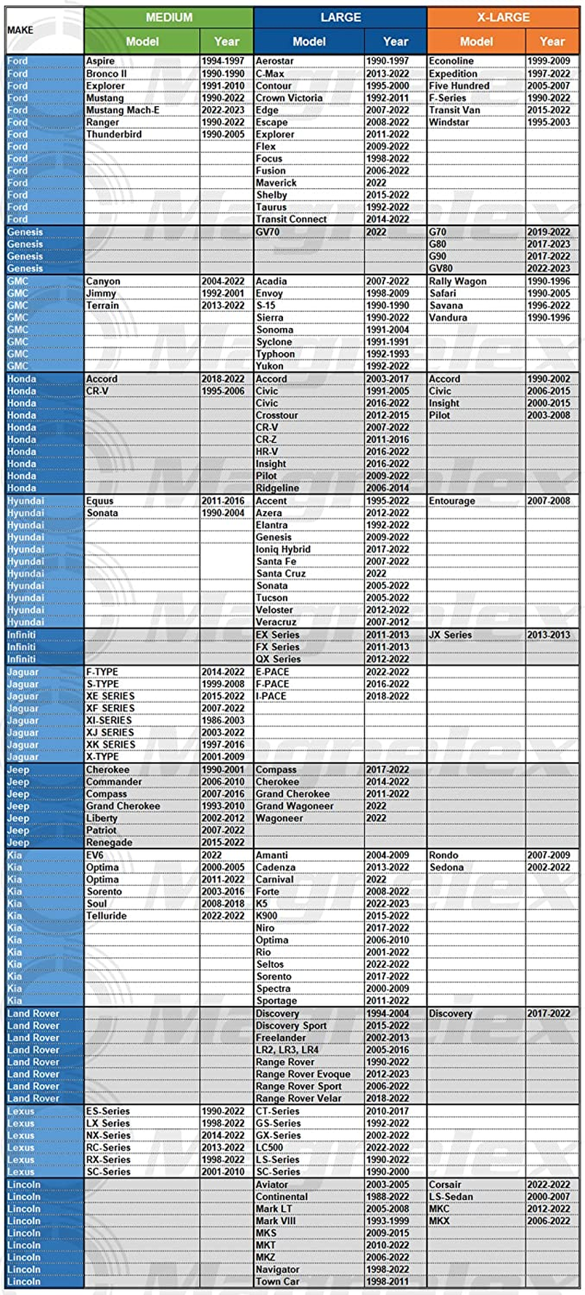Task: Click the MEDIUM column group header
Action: tap(169, 17)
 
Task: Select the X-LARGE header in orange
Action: tap(503, 17)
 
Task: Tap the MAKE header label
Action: tap(20, 30)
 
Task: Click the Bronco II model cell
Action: tap(106, 74)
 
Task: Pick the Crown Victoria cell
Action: tap(289, 98)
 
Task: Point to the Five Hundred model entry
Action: tap(459, 86)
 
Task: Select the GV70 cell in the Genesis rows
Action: tap(268, 232)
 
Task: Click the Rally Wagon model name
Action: tap(458, 281)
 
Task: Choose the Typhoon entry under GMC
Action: tap(275, 354)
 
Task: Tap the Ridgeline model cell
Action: tap(277, 488)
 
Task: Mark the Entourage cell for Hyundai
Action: tap(452, 501)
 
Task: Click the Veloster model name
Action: tap(274, 611)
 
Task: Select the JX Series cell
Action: tap(450, 635)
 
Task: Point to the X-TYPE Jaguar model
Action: tap(102, 757)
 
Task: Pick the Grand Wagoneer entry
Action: tap(295, 806)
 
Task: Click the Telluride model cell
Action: tap(107, 916)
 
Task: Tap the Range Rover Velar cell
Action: tap(298, 1099)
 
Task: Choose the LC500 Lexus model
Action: tap(269, 1148)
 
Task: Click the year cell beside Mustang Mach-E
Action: tap(223, 111)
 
